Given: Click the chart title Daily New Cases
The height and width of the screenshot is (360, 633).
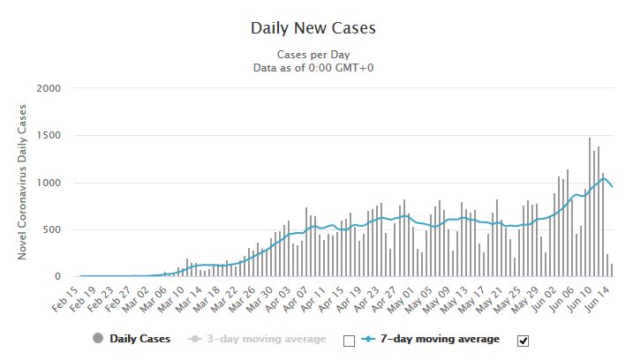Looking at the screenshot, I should [x=313, y=27].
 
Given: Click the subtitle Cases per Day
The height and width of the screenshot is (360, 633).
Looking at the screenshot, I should [x=313, y=54].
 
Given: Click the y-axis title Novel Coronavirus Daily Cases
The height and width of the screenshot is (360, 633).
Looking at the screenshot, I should [x=23, y=183].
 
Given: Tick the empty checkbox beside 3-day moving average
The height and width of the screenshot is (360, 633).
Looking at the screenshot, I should [x=348, y=340].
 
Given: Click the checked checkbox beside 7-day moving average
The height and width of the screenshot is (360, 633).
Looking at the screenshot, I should [x=521, y=340].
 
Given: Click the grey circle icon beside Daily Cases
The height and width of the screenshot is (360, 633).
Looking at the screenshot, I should [x=97, y=339].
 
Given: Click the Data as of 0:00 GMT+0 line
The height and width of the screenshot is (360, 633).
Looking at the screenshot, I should [x=313, y=67].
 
